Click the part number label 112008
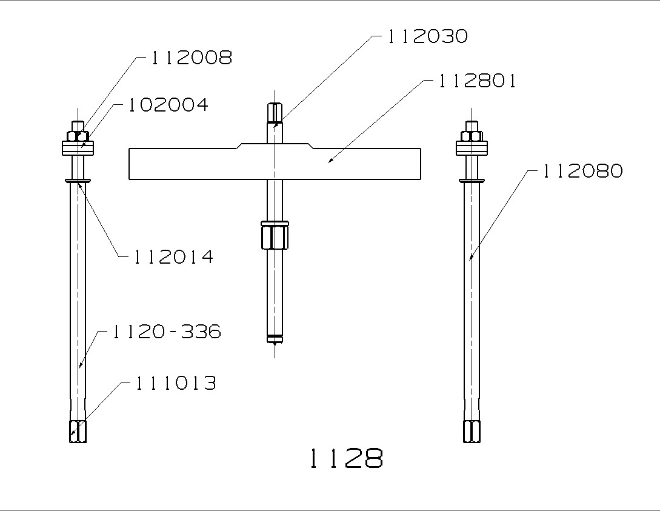tap(191, 58)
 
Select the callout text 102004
tap(168, 105)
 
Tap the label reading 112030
tap(428, 36)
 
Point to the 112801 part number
tap(478, 81)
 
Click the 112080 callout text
tap(582, 172)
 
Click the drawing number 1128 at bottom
tap(346, 459)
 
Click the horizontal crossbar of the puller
tap(200, 164)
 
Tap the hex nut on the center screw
tap(275, 236)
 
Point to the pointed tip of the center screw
tap(275, 343)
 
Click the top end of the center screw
tap(275, 112)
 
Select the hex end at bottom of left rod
tap(78, 431)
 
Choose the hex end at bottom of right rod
tap(472, 431)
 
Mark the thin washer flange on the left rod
tap(78, 180)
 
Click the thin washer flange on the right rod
tap(472, 180)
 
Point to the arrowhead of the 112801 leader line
tap(329, 161)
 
